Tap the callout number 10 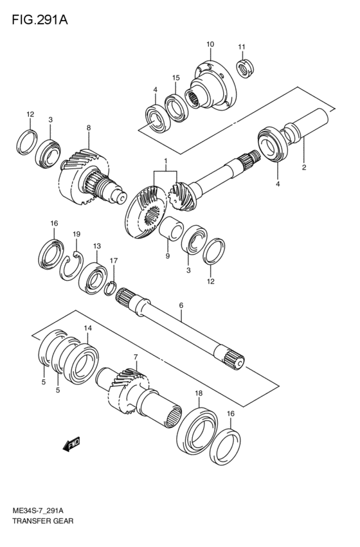point(210,44)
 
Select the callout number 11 point(242,47)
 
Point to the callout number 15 point(175,78)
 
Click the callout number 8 point(89,128)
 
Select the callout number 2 point(304,168)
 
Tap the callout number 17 point(114,260)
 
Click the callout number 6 point(181,305)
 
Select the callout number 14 point(87,328)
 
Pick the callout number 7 point(136,357)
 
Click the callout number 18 point(199,393)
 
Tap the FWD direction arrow point(71,444)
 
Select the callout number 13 point(96,246)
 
